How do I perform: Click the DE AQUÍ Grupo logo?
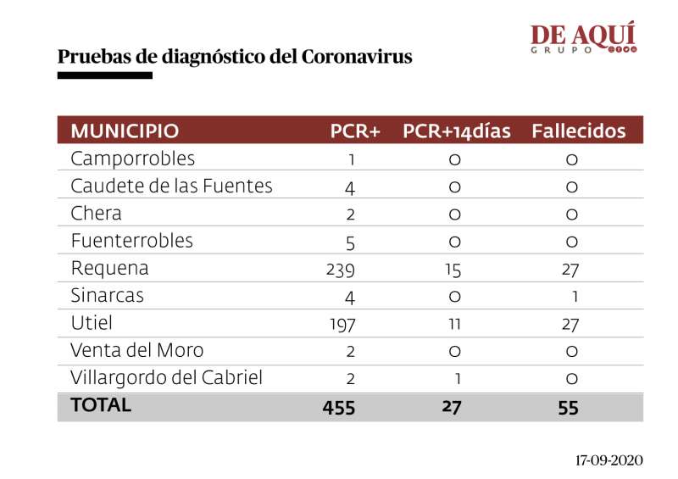[x=583, y=38]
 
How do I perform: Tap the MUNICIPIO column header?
[x=125, y=131]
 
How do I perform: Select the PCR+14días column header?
[x=457, y=131]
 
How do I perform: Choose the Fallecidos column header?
[x=579, y=131]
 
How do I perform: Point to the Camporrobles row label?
[x=132, y=159]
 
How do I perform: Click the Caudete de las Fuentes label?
[x=171, y=186]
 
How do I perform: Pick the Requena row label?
[x=109, y=268]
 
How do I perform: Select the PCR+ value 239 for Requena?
[x=339, y=269]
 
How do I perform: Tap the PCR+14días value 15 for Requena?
[x=455, y=269]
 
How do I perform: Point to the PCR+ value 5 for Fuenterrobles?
[x=350, y=242]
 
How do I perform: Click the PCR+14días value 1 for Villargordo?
[x=457, y=378]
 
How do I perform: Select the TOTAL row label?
[x=101, y=405]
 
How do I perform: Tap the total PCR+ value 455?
[x=339, y=407]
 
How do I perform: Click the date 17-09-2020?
[x=609, y=460]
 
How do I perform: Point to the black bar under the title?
[x=104, y=75]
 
